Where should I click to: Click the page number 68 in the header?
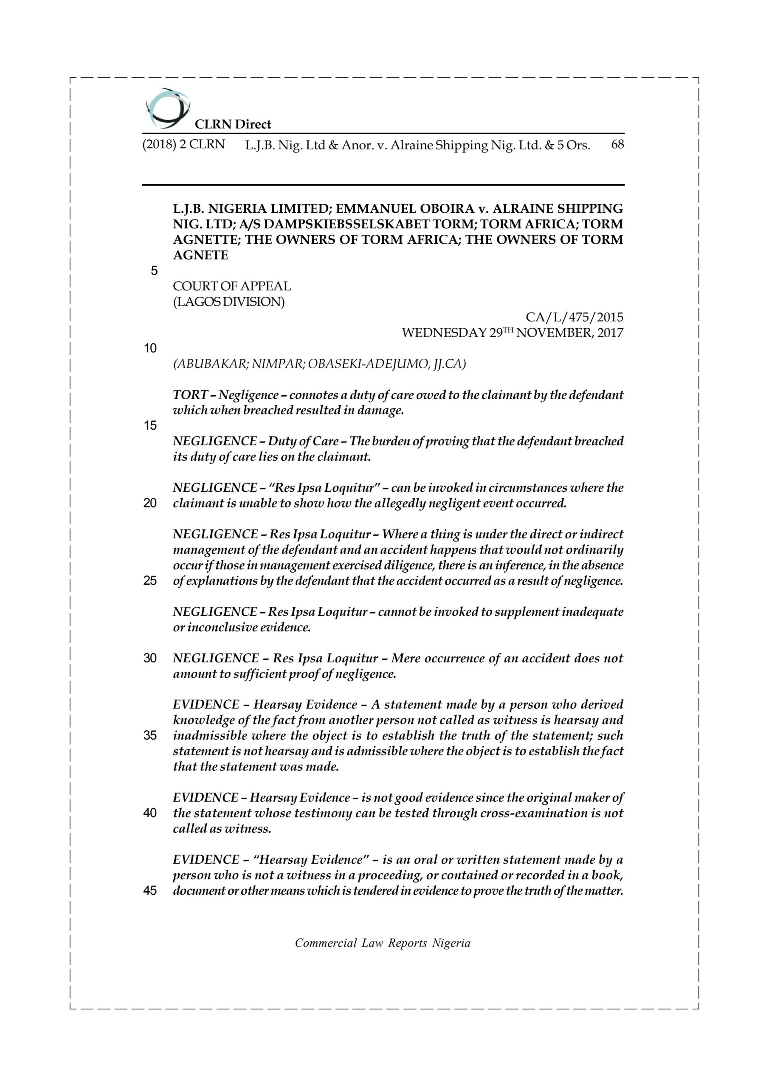pyautogui.click(x=617, y=144)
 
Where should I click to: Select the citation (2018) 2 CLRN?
pyautogui.click(x=184, y=144)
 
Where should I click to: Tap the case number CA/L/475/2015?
pyautogui.click(x=575, y=317)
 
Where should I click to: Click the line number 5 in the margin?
pyautogui.click(x=154, y=271)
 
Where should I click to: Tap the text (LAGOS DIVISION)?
pyautogui.click(x=229, y=301)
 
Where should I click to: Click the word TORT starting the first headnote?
pyautogui.click(x=190, y=395)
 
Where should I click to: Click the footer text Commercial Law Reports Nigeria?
pyautogui.click(x=383, y=943)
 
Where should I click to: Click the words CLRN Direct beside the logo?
pyautogui.click(x=233, y=124)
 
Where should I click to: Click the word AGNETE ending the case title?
pyautogui.click(x=200, y=255)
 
